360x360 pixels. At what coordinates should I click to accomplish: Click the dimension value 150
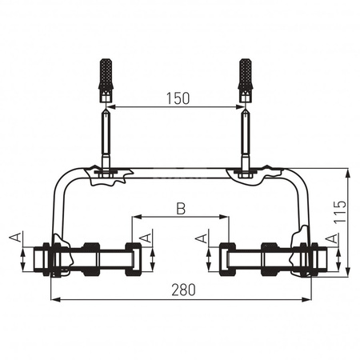(x=178, y=98)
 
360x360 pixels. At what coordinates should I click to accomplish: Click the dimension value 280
(x=183, y=290)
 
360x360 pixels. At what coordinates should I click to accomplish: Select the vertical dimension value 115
(x=340, y=212)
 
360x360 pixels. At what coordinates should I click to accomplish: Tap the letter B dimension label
(x=181, y=209)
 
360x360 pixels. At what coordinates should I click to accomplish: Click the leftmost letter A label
(x=15, y=237)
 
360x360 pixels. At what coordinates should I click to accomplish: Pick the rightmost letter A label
(x=332, y=238)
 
